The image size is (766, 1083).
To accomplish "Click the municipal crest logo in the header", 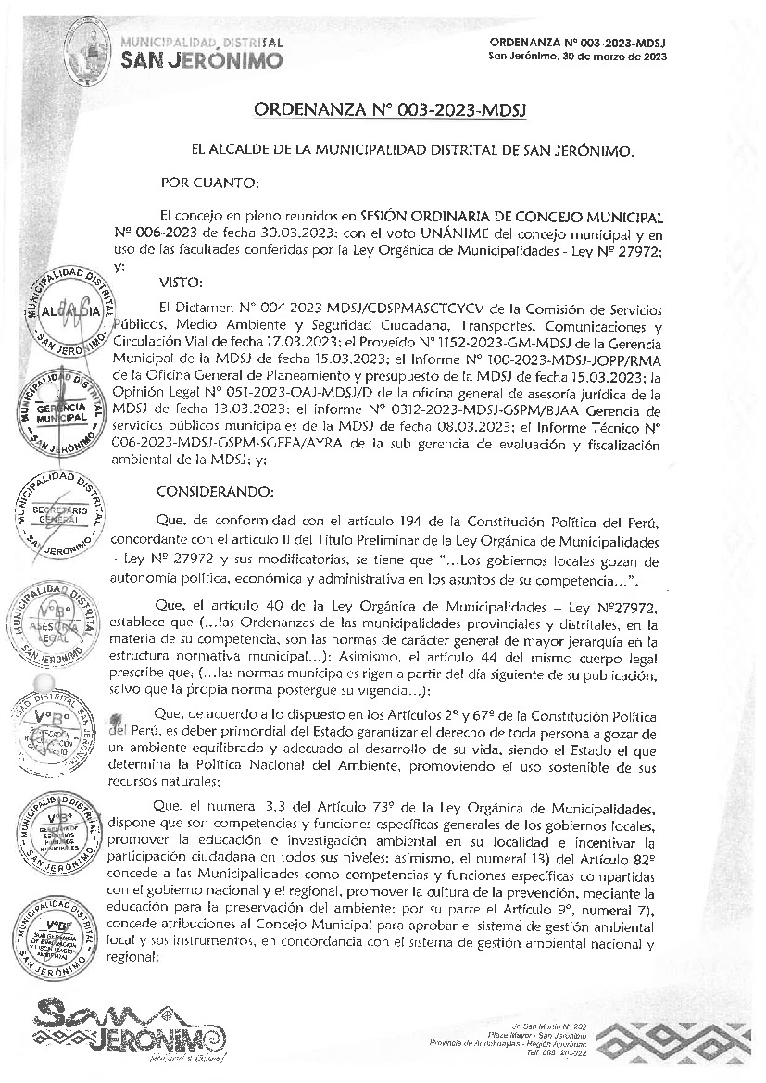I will (x=89, y=41).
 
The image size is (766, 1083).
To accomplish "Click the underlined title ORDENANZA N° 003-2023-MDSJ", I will (x=390, y=111).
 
